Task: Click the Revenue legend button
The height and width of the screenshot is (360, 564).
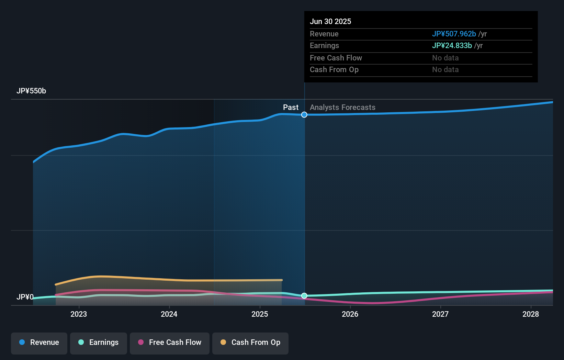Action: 39,342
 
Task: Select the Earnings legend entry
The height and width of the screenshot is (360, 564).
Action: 99,342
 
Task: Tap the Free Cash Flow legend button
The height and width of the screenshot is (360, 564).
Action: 170,342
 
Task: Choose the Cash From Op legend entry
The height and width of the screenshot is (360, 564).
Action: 250,342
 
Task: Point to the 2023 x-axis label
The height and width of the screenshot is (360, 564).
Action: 79,314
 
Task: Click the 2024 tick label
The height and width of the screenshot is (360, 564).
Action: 169,314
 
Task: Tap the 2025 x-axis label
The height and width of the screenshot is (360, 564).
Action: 260,314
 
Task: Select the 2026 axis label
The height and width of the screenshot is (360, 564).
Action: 350,314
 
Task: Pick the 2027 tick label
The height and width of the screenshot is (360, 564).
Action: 440,314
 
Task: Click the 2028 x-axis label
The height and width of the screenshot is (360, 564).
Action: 531,314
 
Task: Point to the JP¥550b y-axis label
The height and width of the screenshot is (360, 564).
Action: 31,91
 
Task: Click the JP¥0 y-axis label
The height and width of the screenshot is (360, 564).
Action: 25,297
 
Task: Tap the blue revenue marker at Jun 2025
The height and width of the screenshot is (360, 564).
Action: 304,115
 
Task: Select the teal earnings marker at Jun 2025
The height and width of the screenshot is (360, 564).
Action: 304,296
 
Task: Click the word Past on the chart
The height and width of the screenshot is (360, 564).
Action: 291,108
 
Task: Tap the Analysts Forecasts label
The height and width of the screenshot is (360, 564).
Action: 342,108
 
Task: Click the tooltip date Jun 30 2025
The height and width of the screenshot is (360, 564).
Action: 330,22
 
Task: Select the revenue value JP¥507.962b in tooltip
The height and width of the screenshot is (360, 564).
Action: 454,34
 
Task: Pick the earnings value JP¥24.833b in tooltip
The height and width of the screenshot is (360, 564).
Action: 452,46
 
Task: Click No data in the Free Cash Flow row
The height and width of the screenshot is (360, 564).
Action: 445,58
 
